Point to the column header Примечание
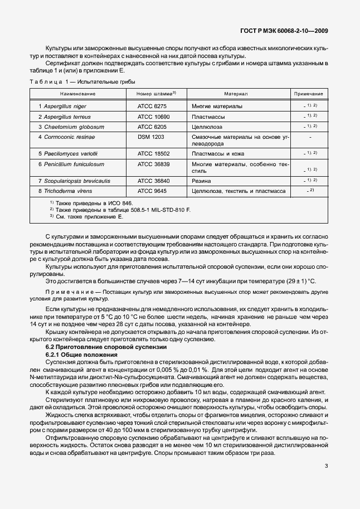coord(309,94)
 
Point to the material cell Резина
coord(201,181)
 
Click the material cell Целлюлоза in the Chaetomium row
coord(208,127)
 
